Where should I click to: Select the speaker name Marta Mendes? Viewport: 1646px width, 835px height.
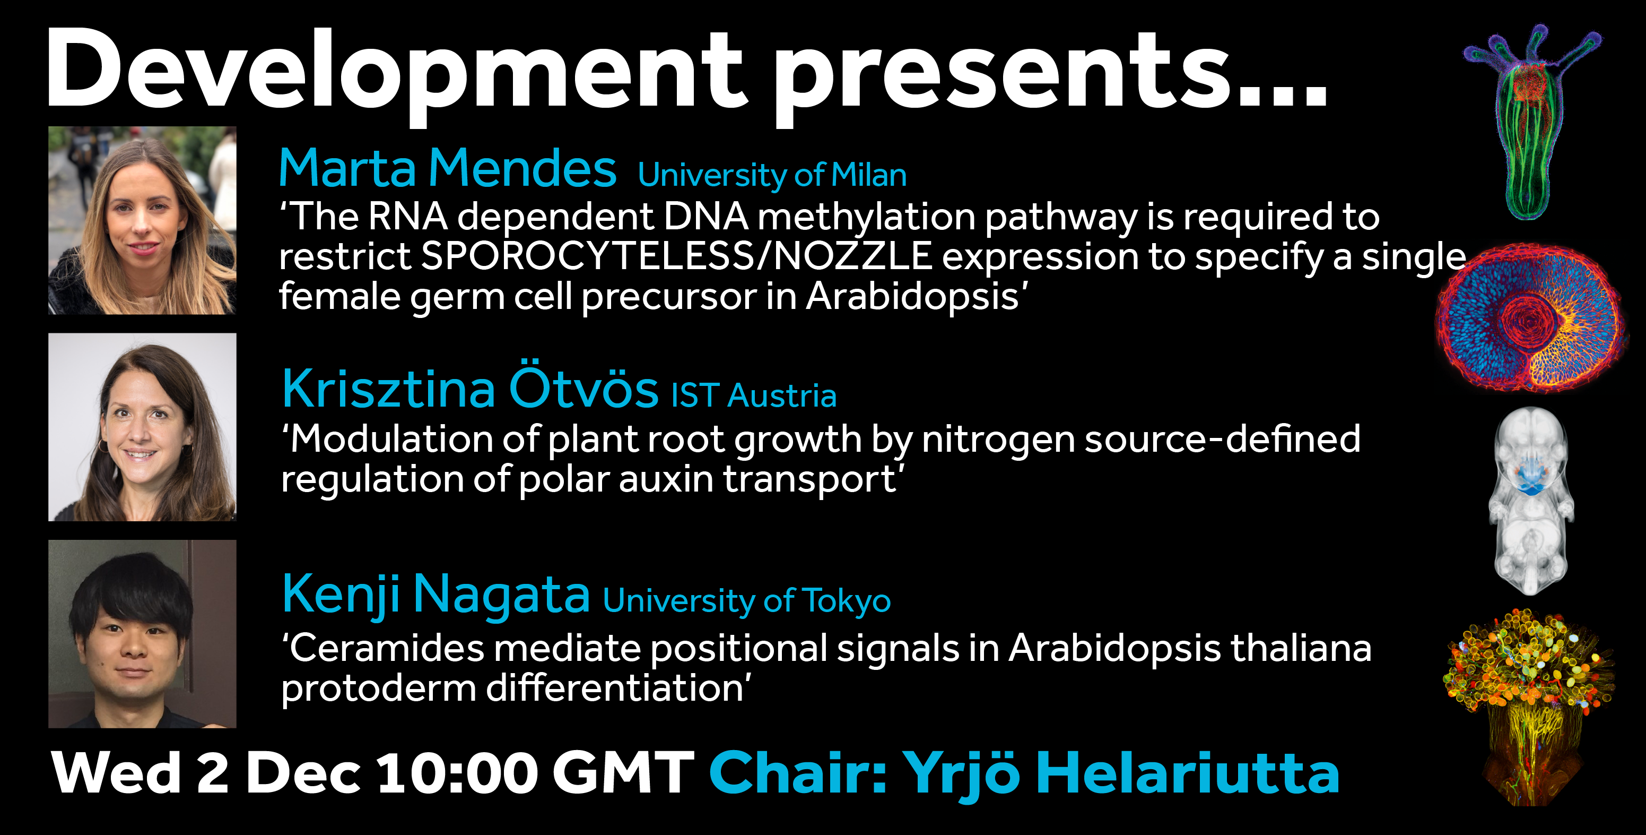tap(447, 168)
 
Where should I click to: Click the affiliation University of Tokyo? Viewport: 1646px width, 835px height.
tap(747, 601)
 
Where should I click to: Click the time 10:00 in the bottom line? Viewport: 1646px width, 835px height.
tap(457, 773)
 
